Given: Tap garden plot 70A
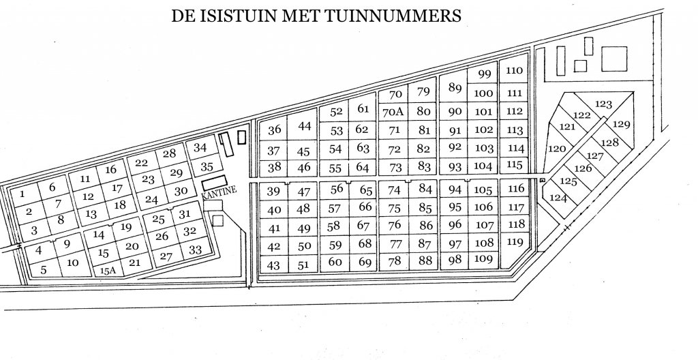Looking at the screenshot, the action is tap(393, 112).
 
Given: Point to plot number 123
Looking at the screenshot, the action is tap(603, 104).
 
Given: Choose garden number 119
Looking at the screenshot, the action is tap(515, 242).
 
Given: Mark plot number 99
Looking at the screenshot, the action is tap(485, 74).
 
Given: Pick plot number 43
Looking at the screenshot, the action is tap(273, 265).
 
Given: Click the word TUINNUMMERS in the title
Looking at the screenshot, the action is tap(392, 16).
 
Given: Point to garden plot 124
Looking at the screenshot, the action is tap(558, 197).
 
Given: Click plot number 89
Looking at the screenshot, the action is tap(455, 87).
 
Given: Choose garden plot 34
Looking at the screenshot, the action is tap(200, 147).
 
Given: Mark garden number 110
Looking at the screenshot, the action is tap(514, 70).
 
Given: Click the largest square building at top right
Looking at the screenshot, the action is tap(614, 59).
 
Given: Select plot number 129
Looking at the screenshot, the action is tap(622, 124).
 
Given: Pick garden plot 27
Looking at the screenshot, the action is tap(166, 256).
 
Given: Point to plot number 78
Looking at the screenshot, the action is tap(395, 261).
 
